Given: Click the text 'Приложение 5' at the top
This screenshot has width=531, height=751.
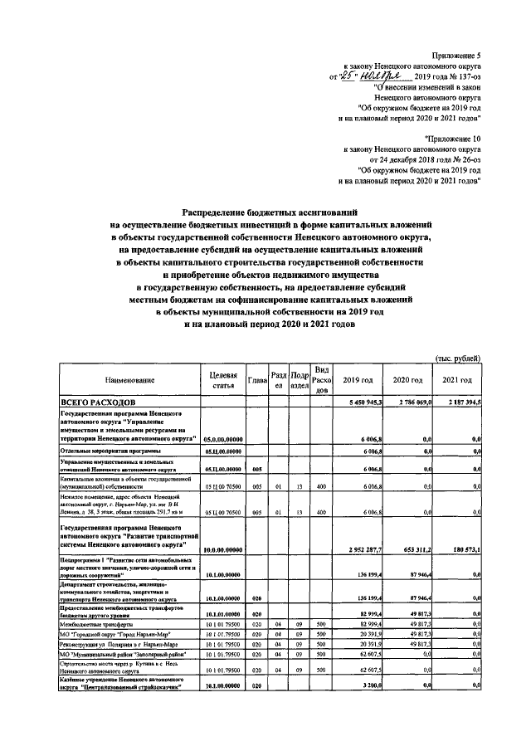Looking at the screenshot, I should pyautogui.click(x=457, y=54).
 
